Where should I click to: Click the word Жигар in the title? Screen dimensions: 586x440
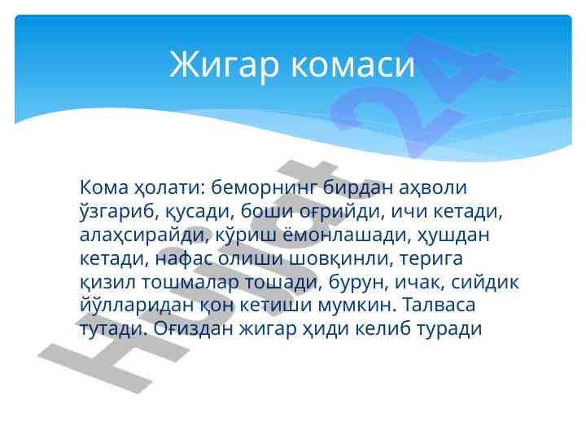click(x=225, y=65)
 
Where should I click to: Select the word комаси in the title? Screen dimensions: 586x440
click(x=352, y=65)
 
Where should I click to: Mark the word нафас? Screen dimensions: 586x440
click(x=183, y=258)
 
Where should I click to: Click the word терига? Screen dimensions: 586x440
click(x=431, y=258)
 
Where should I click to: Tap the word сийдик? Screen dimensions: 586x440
click(x=485, y=282)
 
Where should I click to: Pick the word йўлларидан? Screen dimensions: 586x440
click(x=138, y=305)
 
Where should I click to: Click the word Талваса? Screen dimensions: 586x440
click(x=439, y=305)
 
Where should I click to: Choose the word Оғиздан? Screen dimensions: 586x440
click(x=193, y=328)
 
